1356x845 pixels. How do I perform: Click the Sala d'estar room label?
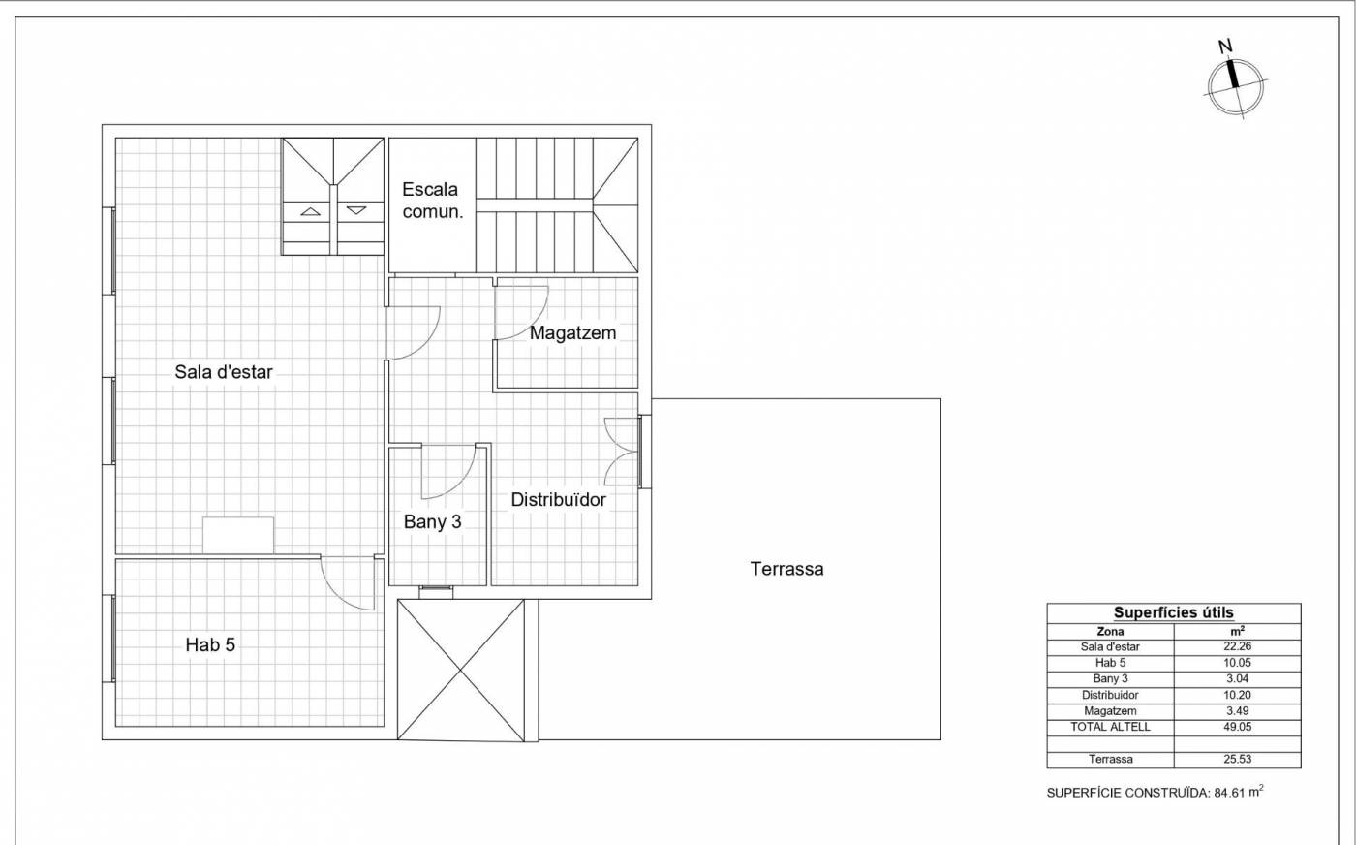(224, 372)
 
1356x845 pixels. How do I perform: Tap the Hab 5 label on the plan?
(210, 644)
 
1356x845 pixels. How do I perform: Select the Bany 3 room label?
(432, 521)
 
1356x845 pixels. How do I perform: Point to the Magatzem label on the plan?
(572, 333)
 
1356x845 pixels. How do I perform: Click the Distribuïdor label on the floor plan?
(558, 500)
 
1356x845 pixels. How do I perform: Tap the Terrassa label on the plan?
(786, 569)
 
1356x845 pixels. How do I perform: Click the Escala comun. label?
(432, 201)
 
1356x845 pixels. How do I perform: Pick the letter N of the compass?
(1225, 47)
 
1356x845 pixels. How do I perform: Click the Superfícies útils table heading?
(1174, 613)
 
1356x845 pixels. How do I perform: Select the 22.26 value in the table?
(1238, 646)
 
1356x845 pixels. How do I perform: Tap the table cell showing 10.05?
(1238, 663)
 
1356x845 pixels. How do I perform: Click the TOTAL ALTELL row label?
(1110, 727)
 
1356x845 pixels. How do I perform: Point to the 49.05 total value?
(1238, 727)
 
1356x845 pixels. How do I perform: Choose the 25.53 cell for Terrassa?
(1238, 759)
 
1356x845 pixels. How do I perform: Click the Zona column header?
(1110, 631)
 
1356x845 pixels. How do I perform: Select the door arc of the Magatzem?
(534, 324)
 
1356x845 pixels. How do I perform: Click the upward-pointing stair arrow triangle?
(311, 211)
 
